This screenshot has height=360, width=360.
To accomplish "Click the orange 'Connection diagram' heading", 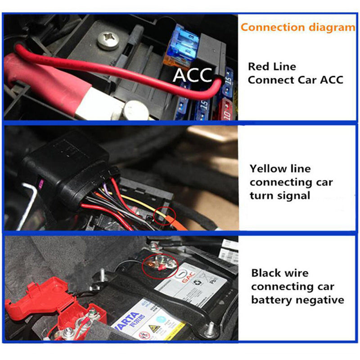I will coord(297,27).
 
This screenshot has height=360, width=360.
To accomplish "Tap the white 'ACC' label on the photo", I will coord(193,75).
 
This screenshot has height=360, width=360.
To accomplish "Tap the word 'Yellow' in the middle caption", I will coord(268,169).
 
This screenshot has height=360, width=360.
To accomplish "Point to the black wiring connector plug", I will coord(67,171).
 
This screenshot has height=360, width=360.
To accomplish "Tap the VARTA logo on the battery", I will coord(130,321).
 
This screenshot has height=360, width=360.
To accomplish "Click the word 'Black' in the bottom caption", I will coord(265,273).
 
